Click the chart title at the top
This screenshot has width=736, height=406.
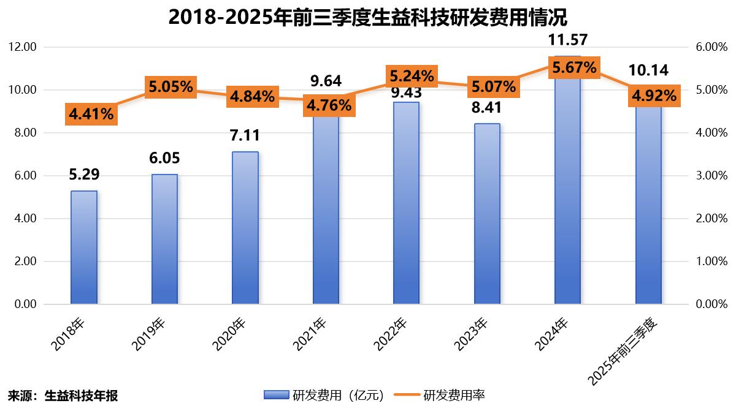(367, 17)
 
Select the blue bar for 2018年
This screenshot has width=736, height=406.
(84, 247)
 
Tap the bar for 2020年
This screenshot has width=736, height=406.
(245, 228)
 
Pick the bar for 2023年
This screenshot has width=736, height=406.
(487, 214)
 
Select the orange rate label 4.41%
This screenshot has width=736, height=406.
(91, 114)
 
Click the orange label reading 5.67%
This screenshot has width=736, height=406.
(574, 67)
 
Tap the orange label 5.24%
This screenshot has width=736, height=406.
(412, 76)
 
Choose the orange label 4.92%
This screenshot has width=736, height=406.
(654, 96)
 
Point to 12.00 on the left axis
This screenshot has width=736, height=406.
(22, 47)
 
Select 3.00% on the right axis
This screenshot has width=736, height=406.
(712, 176)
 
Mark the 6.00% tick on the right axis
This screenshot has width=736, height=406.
(712, 47)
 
